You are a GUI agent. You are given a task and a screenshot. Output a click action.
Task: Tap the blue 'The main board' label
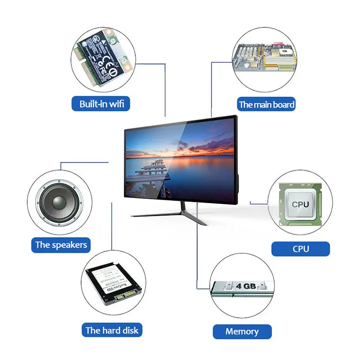266,104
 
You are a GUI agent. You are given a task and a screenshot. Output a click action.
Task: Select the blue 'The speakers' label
61,245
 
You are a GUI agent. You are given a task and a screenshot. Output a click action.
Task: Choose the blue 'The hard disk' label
111,330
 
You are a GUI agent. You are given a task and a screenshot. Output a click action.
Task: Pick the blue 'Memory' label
242,331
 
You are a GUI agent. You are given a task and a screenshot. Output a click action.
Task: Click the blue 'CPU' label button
300,249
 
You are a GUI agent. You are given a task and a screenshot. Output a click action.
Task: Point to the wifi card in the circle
101,55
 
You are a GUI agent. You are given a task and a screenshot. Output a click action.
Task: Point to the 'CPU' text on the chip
300,204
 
